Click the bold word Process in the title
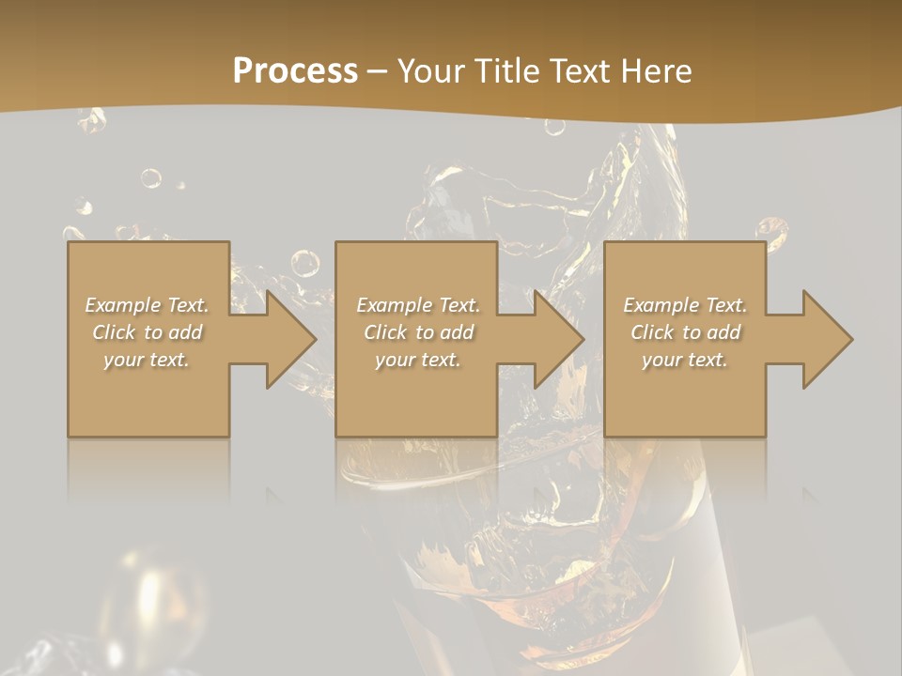point(295,71)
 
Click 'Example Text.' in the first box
point(147,305)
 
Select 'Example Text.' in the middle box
point(417,305)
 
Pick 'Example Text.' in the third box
point(685,305)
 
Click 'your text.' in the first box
point(147,360)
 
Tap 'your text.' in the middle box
point(417,360)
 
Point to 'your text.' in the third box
point(685,360)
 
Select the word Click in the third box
point(653,332)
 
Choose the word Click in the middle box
point(385,332)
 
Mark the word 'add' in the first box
point(186,332)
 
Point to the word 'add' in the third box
point(724,332)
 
